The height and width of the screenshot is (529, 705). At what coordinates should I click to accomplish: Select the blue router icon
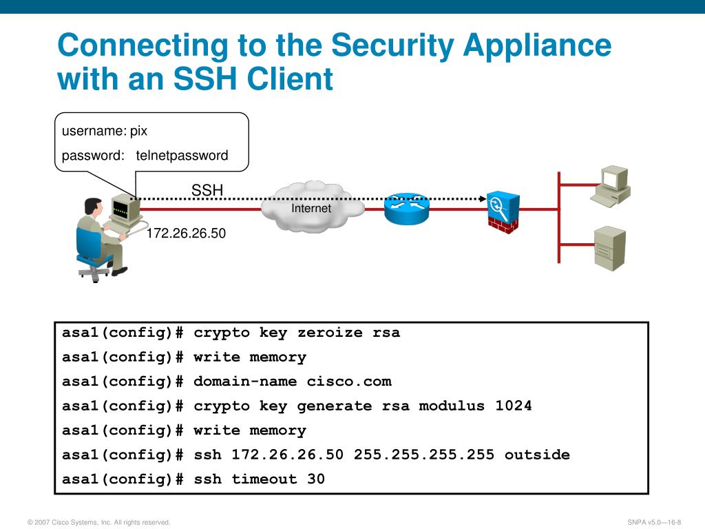click(406, 207)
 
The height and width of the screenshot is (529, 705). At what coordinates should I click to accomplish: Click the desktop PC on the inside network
click(611, 185)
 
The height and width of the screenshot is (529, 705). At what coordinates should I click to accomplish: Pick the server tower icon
click(610, 248)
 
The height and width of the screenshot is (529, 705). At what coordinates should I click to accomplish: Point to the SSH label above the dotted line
click(207, 190)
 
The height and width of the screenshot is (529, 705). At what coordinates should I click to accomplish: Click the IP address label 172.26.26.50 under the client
click(186, 234)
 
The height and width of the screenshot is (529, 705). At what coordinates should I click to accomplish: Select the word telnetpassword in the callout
click(182, 156)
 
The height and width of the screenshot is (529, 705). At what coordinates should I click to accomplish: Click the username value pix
click(139, 131)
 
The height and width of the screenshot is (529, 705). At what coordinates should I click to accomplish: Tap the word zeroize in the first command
click(330, 333)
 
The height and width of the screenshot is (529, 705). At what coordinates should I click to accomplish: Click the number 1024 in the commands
click(514, 406)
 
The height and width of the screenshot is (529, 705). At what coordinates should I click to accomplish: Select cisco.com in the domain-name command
click(349, 382)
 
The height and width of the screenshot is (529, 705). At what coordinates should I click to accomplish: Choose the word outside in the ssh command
click(537, 455)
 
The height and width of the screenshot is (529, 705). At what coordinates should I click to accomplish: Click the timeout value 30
click(316, 479)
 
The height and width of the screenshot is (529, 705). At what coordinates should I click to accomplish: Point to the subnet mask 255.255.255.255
click(424, 455)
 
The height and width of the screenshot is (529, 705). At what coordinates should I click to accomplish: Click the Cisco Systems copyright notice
click(98, 522)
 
